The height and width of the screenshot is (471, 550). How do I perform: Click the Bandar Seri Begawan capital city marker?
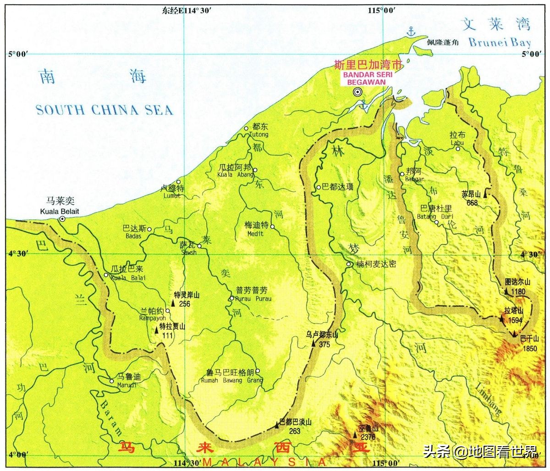[357, 92]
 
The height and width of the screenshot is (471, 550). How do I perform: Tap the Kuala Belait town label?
[59, 211]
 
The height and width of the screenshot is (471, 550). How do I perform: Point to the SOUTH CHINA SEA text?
[104, 110]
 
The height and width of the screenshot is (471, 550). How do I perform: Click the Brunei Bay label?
[500, 43]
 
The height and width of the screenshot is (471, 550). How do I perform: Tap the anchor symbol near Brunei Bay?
[411, 31]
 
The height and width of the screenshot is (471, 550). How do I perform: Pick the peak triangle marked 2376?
[355, 434]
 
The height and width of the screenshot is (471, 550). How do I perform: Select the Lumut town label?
[172, 195]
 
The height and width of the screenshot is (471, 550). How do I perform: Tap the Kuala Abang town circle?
[255, 170]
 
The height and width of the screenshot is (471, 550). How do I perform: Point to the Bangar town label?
[414, 179]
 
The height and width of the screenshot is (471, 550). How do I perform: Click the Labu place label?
[457, 143]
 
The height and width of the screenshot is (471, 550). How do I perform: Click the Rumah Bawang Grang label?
[232, 380]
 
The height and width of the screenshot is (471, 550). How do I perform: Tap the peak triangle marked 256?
[173, 303]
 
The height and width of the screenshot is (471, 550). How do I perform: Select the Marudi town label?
[126, 385]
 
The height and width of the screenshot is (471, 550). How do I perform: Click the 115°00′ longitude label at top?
[382, 11]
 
